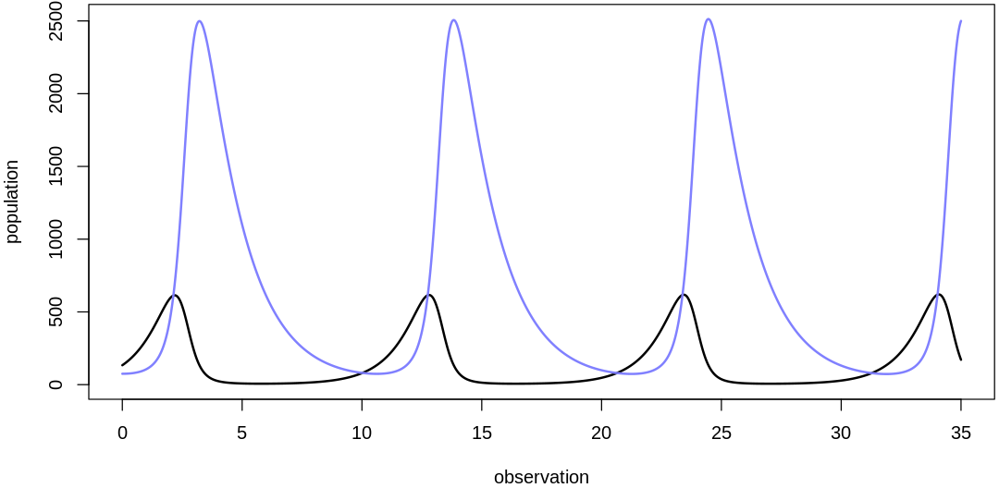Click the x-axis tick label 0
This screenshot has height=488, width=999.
click(x=122, y=433)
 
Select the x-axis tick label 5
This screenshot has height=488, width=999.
click(x=241, y=433)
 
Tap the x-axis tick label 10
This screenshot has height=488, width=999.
click(x=362, y=433)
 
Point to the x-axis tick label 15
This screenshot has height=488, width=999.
click(x=481, y=433)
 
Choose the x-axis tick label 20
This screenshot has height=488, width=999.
click(x=601, y=433)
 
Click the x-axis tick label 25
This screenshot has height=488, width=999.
click(x=721, y=433)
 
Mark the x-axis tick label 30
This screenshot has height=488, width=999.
click(x=841, y=433)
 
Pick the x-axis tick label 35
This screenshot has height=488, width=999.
click(x=960, y=433)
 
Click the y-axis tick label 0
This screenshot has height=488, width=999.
click(x=55, y=384)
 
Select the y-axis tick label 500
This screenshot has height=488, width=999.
click(x=55, y=311)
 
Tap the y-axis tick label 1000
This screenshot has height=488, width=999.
click(x=55, y=238)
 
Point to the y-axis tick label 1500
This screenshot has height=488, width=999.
click(x=55, y=166)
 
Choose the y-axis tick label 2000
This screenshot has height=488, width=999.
click(x=55, y=93)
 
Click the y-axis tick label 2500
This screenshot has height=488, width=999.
click(x=55, y=21)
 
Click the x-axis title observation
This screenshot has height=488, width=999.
click(x=541, y=477)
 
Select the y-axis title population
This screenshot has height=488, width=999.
click(x=12, y=201)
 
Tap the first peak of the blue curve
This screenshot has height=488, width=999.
click(x=199, y=20)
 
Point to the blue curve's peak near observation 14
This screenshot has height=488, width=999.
click(x=453, y=19)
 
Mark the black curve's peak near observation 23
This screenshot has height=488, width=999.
click(x=684, y=295)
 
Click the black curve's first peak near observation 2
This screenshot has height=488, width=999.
click(x=175, y=295)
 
